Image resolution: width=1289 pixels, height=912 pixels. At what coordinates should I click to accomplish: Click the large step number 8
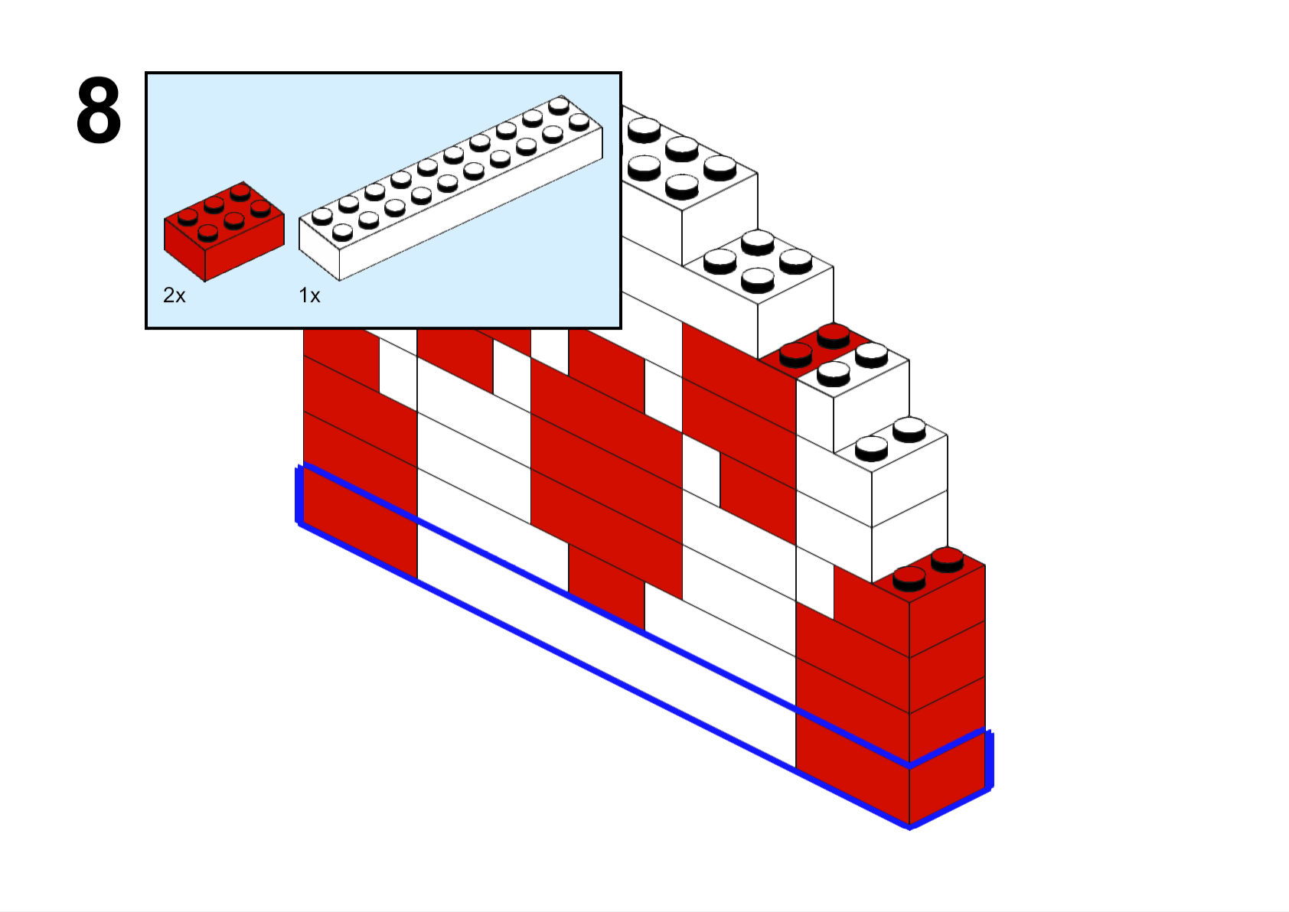(99, 109)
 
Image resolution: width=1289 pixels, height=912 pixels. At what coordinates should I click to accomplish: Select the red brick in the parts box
(224, 232)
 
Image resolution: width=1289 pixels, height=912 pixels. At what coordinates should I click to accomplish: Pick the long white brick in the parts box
(451, 187)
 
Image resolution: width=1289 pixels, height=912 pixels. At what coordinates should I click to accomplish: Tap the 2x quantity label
(175, 295)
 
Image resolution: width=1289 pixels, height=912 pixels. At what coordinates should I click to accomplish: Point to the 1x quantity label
(309, 295)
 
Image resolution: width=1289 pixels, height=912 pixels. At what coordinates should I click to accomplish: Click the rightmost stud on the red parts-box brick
(261, 207)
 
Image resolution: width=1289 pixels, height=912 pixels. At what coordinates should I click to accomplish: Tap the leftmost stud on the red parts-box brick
(188, 217)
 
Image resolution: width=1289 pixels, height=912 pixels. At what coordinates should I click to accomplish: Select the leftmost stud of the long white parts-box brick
(322, 216)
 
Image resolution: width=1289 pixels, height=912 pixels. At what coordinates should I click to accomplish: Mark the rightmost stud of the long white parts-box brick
(579, 122)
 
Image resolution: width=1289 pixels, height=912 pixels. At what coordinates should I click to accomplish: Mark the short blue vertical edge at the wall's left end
(299, 494)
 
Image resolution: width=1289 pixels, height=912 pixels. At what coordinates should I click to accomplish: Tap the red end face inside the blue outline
(948, 778)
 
